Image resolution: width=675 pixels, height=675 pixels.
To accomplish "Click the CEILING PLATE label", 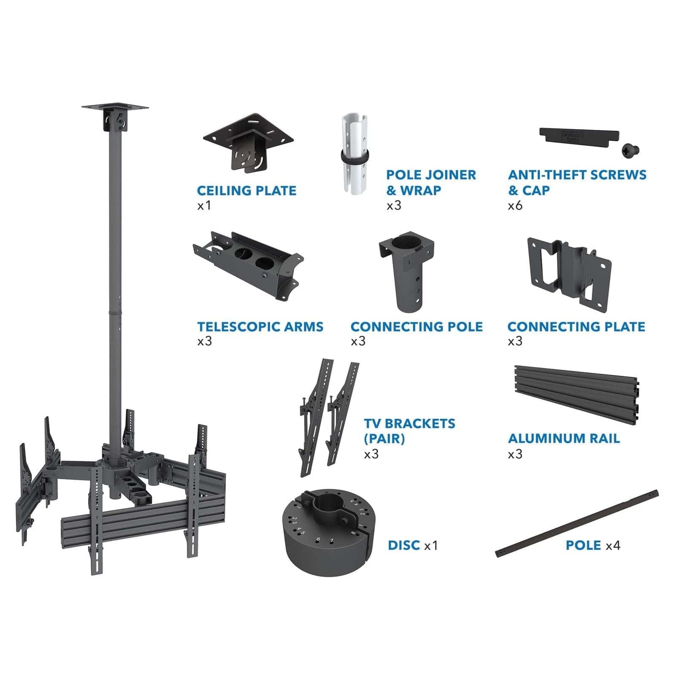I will [247, 190].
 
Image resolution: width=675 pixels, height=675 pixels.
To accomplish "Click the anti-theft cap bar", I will [579, 135].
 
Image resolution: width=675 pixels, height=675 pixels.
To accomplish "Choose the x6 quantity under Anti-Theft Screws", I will [515, 206].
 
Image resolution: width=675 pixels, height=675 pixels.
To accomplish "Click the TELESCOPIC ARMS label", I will [260, 327].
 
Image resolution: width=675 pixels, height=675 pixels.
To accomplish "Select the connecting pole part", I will [407, 270].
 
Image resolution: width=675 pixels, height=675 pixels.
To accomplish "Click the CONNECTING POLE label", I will [416, 327].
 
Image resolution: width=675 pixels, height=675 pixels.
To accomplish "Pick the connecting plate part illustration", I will [569, 272].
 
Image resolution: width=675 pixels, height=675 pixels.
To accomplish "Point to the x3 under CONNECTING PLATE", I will [515, 341].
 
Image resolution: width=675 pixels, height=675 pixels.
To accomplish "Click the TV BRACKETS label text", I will [409, 423].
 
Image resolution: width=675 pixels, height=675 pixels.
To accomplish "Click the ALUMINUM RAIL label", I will [564, 438].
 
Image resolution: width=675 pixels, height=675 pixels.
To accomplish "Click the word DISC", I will [404, 545].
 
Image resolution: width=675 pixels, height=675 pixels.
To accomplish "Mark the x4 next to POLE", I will [613, 545].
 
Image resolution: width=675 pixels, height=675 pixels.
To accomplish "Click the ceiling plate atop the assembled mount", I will [115, 108].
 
